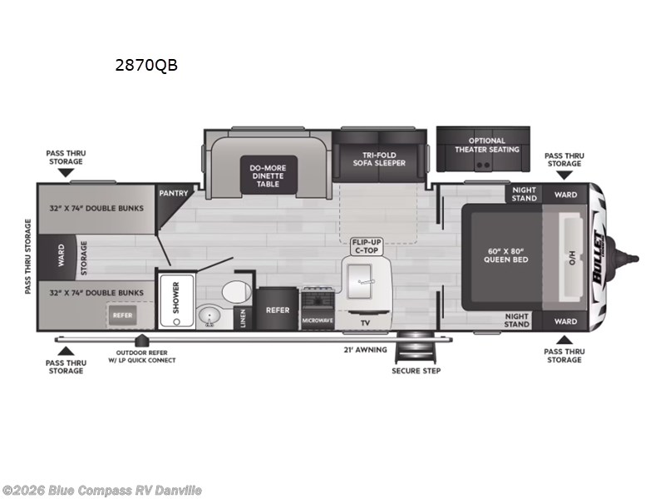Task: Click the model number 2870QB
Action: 146,66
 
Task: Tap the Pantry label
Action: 174,194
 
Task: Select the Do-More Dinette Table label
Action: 268,175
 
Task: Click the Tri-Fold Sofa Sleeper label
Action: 379,159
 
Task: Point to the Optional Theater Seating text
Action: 487,145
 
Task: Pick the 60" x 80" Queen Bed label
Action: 506,255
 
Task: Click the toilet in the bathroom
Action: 236,292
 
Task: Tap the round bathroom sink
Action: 209,316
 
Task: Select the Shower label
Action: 176,298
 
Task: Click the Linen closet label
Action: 243,319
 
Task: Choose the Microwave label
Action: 318,320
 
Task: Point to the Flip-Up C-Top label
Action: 367,246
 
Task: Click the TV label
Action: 365,323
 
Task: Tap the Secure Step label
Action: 416,370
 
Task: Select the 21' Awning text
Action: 365,349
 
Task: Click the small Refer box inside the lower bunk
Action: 122,316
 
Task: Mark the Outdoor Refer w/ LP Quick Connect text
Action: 142,357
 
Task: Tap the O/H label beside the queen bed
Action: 572,258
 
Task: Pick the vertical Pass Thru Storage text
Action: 28,256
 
